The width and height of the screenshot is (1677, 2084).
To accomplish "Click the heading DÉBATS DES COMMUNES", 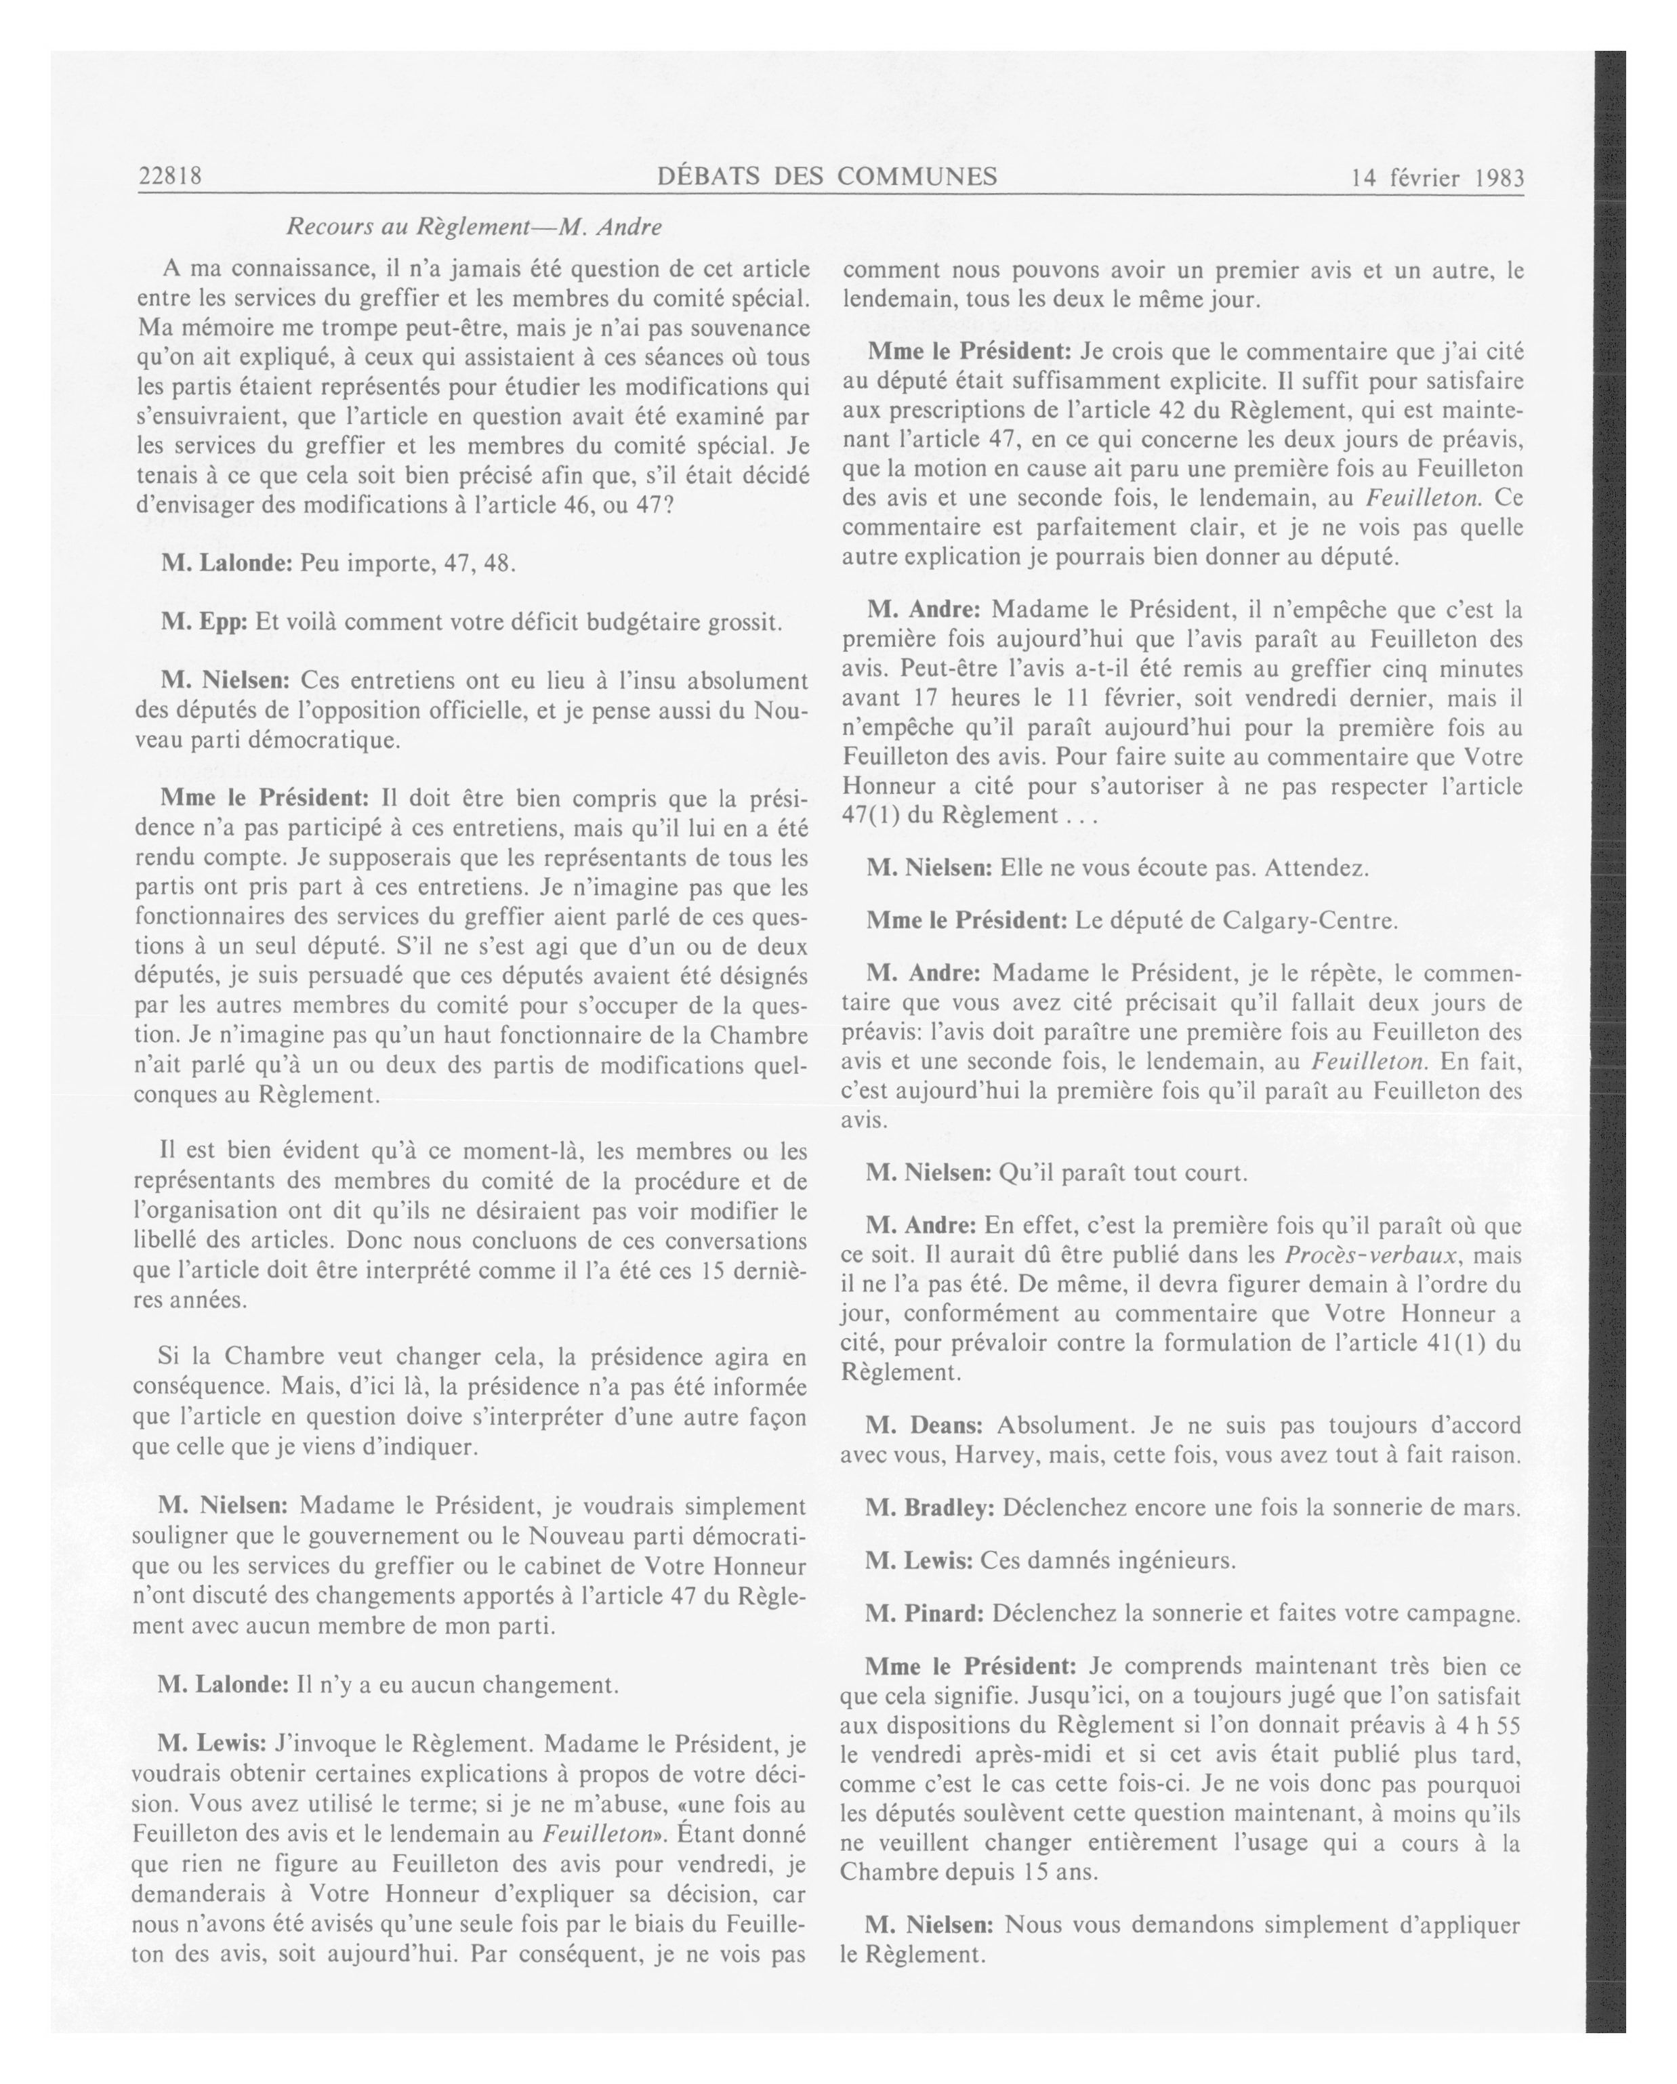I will pyautogui.click(x=827, y=176).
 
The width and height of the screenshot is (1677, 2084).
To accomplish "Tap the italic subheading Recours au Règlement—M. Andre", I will pyautogui.click(x=474, y=228).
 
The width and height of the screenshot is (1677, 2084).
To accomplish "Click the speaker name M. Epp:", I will pyautogui.click(x=203, y=621).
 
